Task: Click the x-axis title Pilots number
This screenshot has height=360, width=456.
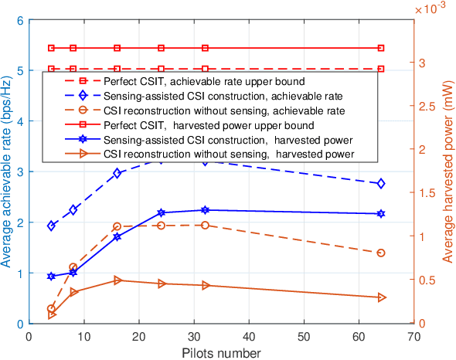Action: pos(221,352)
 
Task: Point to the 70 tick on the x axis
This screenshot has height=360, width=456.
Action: pos(414,337)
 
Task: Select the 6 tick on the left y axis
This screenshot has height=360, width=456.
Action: pos(19,21)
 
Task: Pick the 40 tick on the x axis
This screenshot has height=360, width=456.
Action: pos(249,337)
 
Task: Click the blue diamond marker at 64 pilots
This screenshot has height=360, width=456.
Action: pos(381,183)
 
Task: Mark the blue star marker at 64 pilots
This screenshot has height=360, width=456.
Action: pos(381,214)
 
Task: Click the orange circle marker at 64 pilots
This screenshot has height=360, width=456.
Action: pos(381,253)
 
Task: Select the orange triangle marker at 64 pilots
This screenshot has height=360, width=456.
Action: pos(381,297)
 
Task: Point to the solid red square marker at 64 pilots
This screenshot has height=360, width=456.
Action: pos(381,48)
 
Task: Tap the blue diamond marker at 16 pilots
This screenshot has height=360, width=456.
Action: pos(117,173)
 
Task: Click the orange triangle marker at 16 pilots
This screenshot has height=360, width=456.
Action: pos(117,280)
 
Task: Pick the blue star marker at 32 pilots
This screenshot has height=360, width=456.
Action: pos(205,210)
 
